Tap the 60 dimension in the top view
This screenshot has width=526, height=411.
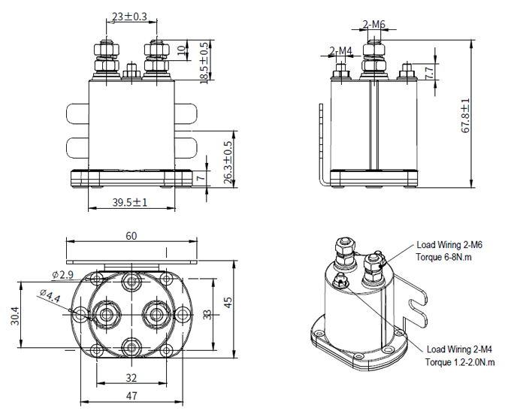click(x=131, y=235)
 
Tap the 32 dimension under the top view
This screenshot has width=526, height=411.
click(x=131, y=378)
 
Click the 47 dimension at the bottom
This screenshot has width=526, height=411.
click(x=131, y=396)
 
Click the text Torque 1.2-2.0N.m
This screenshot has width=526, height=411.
click(x=461, y=361)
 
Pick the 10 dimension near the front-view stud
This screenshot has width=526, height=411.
click(x=180, y=50)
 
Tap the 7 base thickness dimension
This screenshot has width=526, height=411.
click(x=200, y=180)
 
